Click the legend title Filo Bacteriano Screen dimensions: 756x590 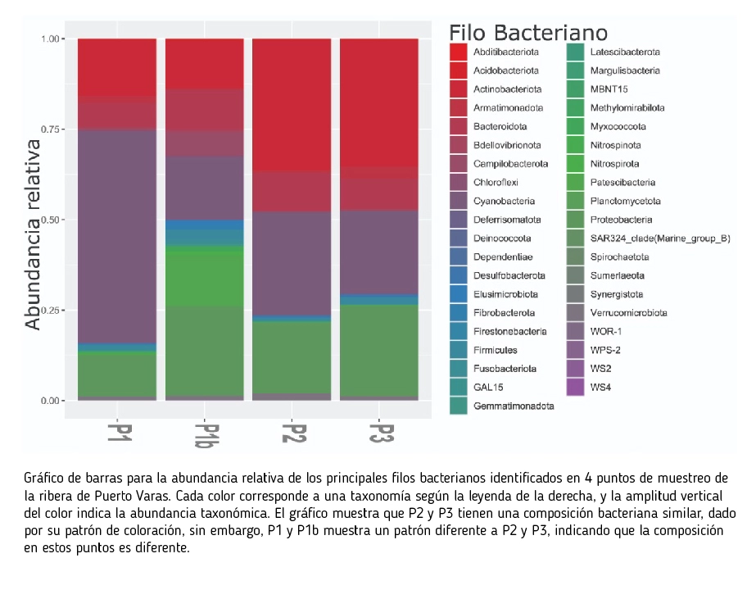click(x=528, y=33)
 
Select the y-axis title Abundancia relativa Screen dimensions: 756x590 click(x=33, y=234)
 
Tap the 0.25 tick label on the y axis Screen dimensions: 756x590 click(x=50, y=311)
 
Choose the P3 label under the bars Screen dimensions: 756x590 click(x=382, y=433)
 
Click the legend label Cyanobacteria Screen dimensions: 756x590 click(x=504, y=201)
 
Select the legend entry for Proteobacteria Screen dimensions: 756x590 click(x=621, y=220)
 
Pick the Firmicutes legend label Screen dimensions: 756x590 click(x=496, y=350)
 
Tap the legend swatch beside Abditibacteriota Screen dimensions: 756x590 click(x=458, y=52)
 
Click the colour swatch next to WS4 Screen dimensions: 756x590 click(x=575, y=388)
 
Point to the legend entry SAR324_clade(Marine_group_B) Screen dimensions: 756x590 click(x=660, y=238)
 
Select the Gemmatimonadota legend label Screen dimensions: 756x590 click(x=514, y=406)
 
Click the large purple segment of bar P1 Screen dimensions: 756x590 click(x=117, y=236)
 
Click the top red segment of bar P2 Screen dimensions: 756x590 click(x=292, y=105)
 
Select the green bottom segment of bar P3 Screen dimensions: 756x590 click(x=379, y=351)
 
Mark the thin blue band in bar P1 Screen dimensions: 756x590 click(x=117, y=347)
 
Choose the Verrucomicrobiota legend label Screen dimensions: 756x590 click(x=629, y=313)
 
